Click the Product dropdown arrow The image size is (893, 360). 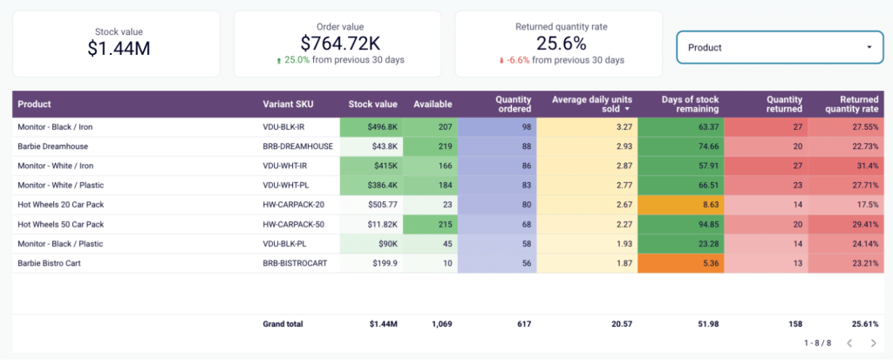[869, 47]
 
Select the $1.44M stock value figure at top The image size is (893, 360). [119, 48]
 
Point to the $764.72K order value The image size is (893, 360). [340, 43]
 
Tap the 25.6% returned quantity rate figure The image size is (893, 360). [558, 43]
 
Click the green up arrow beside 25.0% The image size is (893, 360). [278, 60]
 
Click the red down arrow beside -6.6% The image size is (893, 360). [501, 60]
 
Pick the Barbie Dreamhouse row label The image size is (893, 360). [53, 146]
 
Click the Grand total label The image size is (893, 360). [283, 324]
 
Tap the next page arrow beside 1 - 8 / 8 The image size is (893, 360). [874, 343]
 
